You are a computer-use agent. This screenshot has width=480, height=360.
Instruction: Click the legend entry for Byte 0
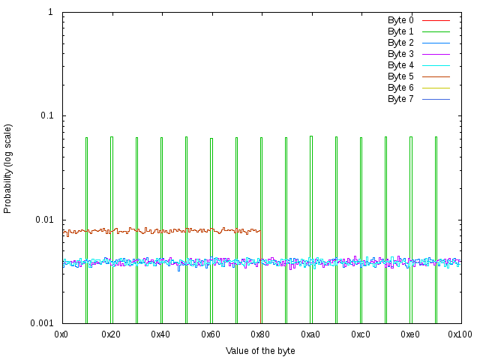pyautogui.click(x=400, y=19)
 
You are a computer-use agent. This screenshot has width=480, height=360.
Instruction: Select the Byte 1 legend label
pyautogui.click(x=400, y=31)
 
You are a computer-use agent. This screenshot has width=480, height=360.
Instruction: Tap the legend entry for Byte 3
pyautogui.click(x=400, y=54)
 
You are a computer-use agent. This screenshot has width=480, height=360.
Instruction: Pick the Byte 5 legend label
pyautogui.click(x=400, y=76)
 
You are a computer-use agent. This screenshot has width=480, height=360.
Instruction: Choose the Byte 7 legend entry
pyautogui.click(x=400, y=99)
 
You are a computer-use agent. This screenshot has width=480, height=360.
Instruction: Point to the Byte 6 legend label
pyautogui.click(x=400, y=88)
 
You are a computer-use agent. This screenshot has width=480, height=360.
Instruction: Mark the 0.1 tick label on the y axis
pyautogui.click(x=46, y=116)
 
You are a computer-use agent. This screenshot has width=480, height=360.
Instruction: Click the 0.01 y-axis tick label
pyautogui.click(x=43, y=220)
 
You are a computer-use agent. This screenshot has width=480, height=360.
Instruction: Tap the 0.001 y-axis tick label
pyautogui.click(x=41, y=323)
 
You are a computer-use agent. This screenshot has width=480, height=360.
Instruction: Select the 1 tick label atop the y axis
pyautogui.click(x=50, y=13)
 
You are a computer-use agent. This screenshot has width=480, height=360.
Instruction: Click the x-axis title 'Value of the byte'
pyautogui.click(x=260, y=350)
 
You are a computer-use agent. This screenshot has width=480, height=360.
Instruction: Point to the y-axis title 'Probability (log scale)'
pyautogui.click(x=8, y=168)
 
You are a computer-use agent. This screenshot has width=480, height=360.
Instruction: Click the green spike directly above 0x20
pyautogui.click(x=112, y=225)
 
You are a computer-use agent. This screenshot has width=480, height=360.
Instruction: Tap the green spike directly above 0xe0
pyautogui.click(x=410, y=225)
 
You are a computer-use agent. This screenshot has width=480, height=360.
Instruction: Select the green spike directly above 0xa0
pyautogui.click(x=311, y=225)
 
